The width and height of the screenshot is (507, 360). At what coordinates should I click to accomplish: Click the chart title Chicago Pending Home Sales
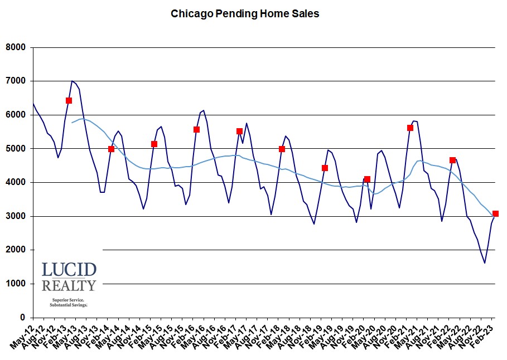[245, 13]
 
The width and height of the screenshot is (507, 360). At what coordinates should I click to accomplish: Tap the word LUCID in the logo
[69, 270]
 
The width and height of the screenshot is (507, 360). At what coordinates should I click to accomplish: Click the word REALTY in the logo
[69, 286]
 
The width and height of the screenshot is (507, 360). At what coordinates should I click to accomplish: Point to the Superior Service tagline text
[69, 300]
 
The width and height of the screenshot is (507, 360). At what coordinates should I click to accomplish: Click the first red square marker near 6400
[69, 101]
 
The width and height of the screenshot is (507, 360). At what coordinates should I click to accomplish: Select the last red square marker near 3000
[496, 213]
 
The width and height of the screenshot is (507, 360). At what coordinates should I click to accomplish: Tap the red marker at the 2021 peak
[411, 128]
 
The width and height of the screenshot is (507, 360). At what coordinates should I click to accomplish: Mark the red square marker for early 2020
[368, 179]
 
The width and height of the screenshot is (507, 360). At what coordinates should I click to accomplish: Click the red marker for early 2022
[453, 160]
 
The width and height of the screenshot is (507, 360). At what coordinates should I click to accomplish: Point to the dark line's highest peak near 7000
[73, 81]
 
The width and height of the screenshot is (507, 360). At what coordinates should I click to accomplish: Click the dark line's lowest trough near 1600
[485, 263]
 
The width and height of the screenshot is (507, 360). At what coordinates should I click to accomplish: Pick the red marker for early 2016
[197, 129]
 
